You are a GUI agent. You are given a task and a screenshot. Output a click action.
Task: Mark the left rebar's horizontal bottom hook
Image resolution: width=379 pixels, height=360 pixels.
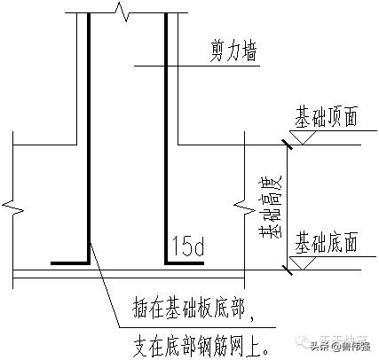69,262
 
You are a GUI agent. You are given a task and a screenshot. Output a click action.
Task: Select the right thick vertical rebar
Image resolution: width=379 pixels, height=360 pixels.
166,133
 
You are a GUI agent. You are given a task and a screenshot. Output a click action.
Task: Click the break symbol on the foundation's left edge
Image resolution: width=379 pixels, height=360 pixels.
12,209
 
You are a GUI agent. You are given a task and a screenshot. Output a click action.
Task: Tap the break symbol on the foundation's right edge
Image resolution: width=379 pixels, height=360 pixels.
244,209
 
